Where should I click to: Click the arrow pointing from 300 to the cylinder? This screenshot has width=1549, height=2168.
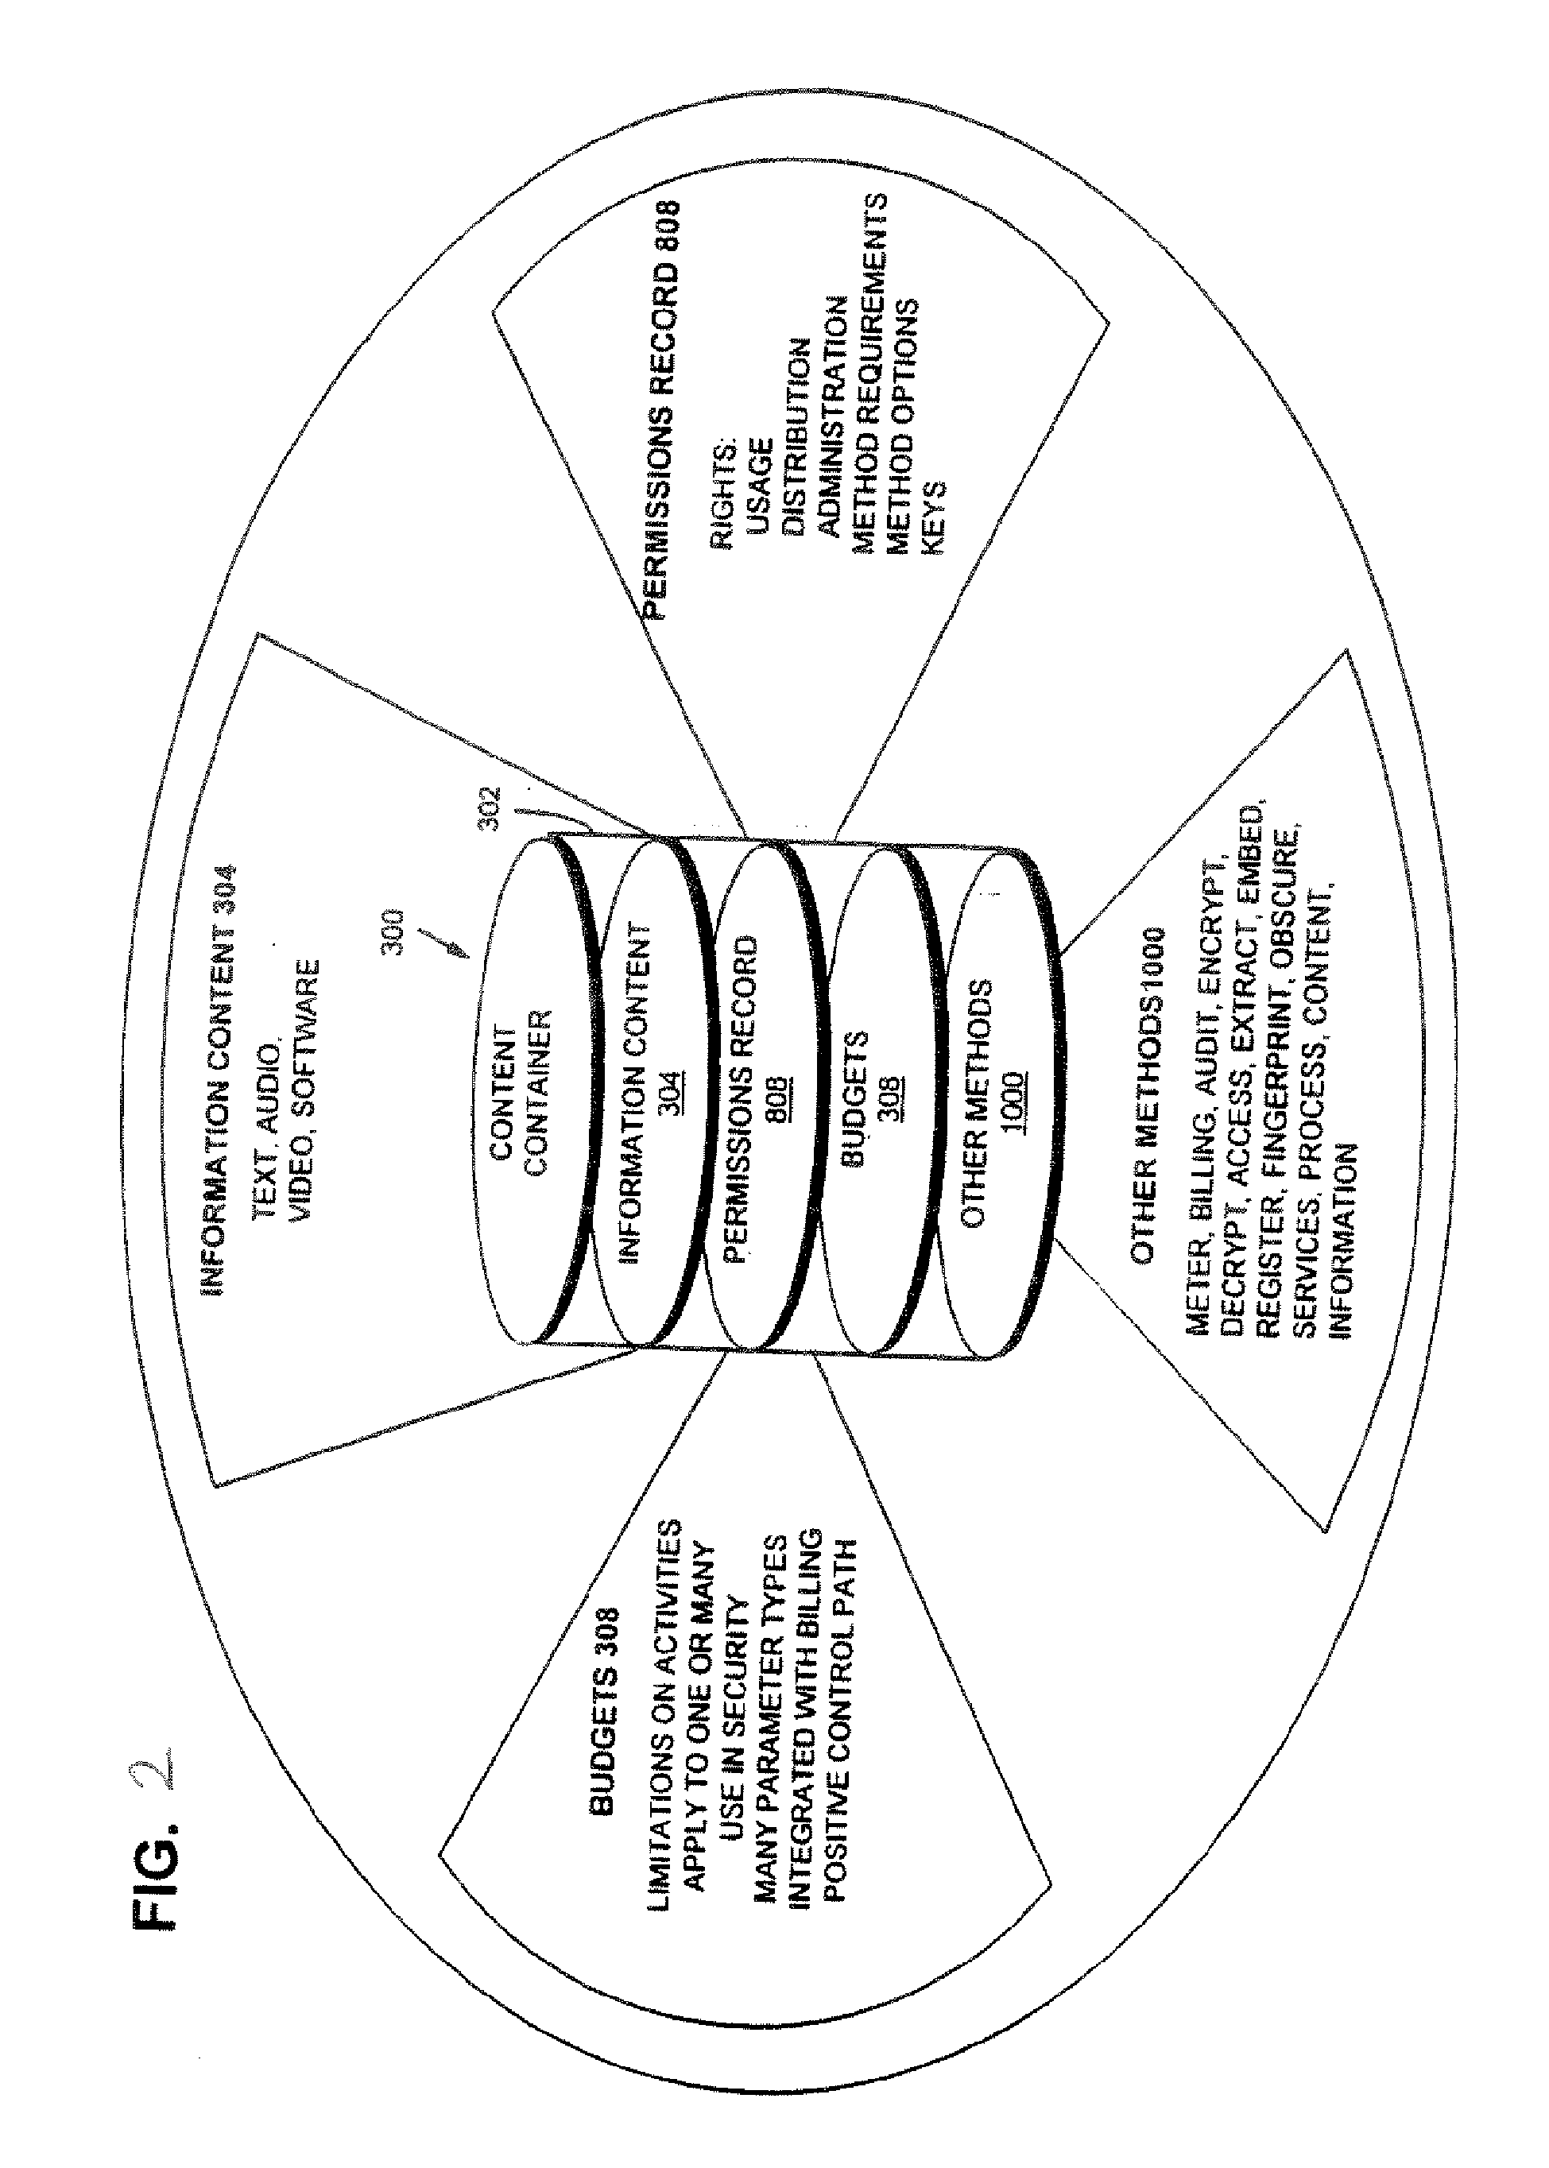tap(447, 944)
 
